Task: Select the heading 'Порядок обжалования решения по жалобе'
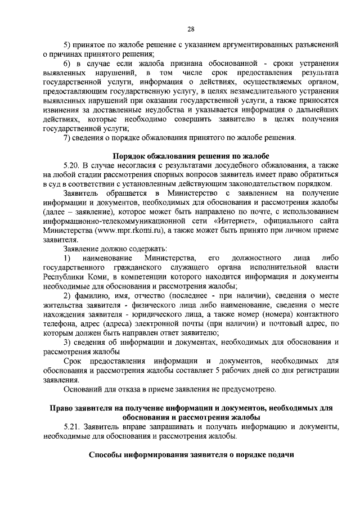(x=191, y=155)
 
